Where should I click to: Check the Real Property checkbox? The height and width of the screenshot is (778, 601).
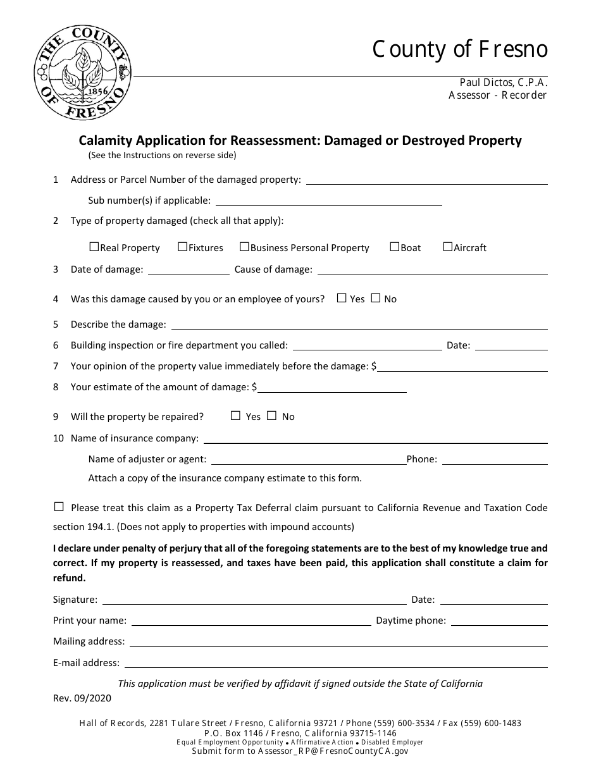94,247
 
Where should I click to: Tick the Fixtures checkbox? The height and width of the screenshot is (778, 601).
182,247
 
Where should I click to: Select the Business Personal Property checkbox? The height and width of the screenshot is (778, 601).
244,247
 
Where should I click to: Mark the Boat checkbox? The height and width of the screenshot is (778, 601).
395,247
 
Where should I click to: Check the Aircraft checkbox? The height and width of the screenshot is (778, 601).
448,247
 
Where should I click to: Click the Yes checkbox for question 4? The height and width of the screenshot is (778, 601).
342,298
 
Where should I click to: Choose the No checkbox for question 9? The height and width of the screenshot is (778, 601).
272,416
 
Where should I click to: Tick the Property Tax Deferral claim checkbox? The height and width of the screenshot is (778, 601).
59,507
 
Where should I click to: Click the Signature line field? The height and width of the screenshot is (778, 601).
254,600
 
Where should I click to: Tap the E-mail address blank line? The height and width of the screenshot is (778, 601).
336,664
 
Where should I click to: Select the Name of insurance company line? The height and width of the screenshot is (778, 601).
375,439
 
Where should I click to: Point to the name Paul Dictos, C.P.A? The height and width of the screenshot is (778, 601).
503,82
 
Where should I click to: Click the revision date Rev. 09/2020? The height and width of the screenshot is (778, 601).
82,699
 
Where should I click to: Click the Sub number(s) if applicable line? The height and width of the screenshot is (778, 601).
329,201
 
